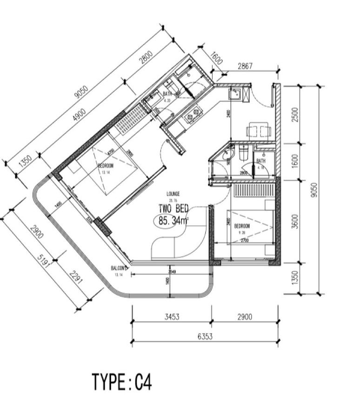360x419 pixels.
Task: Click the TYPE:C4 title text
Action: (122, 382)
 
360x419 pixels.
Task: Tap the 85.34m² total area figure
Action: (173, 221)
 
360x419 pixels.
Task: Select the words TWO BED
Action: (173, 209)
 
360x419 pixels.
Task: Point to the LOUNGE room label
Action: (173, 194)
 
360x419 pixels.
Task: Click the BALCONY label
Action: (119, 268)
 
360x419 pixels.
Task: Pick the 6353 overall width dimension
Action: (205, 336)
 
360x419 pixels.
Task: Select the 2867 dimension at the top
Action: (245, 66)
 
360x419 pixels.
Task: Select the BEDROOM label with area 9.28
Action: (242, 226)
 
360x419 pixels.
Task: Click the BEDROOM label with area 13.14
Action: (106, 166)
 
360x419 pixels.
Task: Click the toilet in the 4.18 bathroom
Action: (243, 152)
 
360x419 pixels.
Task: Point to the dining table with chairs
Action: (258, 130)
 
